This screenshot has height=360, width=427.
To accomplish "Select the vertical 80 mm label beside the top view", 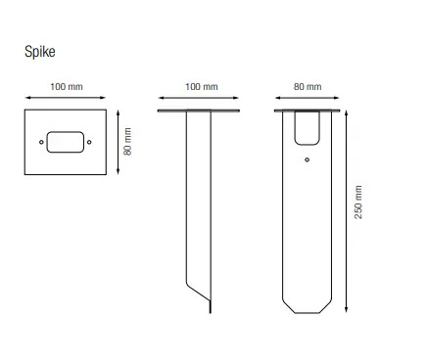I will click(x=127, y=142).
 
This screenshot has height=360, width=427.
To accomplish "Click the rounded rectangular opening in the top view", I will click(x=66, y=143).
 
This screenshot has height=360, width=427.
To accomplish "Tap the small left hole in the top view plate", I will click(x=42, y=143).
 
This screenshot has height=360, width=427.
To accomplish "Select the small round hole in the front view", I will click(x=308, y=157).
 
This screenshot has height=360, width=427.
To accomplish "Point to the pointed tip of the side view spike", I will click(x=211, y=311).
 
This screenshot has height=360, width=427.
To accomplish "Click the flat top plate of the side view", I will click(x=201, y=112).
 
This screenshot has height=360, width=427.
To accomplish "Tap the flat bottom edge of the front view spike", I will click(x=308, y=315).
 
